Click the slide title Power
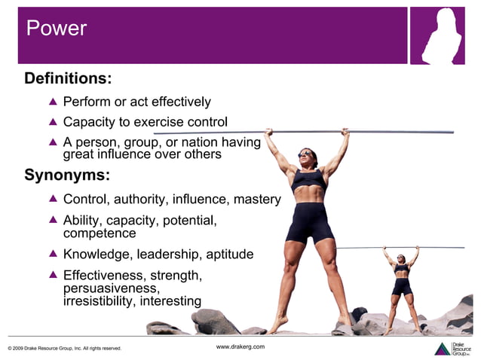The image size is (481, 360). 57,29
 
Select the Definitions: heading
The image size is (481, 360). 68,78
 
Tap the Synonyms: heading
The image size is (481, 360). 67,176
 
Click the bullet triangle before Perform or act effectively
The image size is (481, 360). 53,102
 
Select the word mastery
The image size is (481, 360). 256,200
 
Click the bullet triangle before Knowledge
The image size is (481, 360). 53,255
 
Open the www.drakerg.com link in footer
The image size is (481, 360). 240,346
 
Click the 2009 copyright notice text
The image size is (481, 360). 64,348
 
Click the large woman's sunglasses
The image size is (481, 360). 305,154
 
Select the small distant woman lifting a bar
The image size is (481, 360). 401,286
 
